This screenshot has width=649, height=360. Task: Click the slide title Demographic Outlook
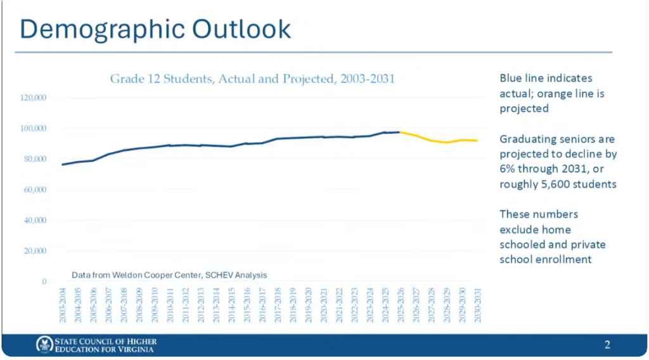coord(155,29)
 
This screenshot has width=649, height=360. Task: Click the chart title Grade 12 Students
coord(252,79)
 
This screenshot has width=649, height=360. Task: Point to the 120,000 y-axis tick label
coord(33,98)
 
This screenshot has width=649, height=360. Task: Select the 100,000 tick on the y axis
coord(33,128)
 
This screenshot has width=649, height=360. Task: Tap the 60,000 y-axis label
coord(35,190)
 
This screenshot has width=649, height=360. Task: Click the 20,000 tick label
coord(35,251)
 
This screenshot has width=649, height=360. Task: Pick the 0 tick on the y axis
coord(44,282)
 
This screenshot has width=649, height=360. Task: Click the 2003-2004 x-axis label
coord(63,305)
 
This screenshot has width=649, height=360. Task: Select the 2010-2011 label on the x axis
coord(170,305)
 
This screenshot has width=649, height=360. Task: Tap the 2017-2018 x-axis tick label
coord(278,305)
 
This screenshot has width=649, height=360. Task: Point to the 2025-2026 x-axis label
coord(401,305)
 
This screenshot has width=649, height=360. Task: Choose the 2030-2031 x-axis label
coord(478,305)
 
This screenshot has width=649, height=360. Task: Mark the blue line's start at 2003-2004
coord(63,165)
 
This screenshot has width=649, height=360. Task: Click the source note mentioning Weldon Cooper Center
coord(169,275)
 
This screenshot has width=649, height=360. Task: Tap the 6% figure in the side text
coord(507,169)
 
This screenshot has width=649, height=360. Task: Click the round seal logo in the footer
coord(44,344)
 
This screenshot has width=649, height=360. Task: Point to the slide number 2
coord(607,345)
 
